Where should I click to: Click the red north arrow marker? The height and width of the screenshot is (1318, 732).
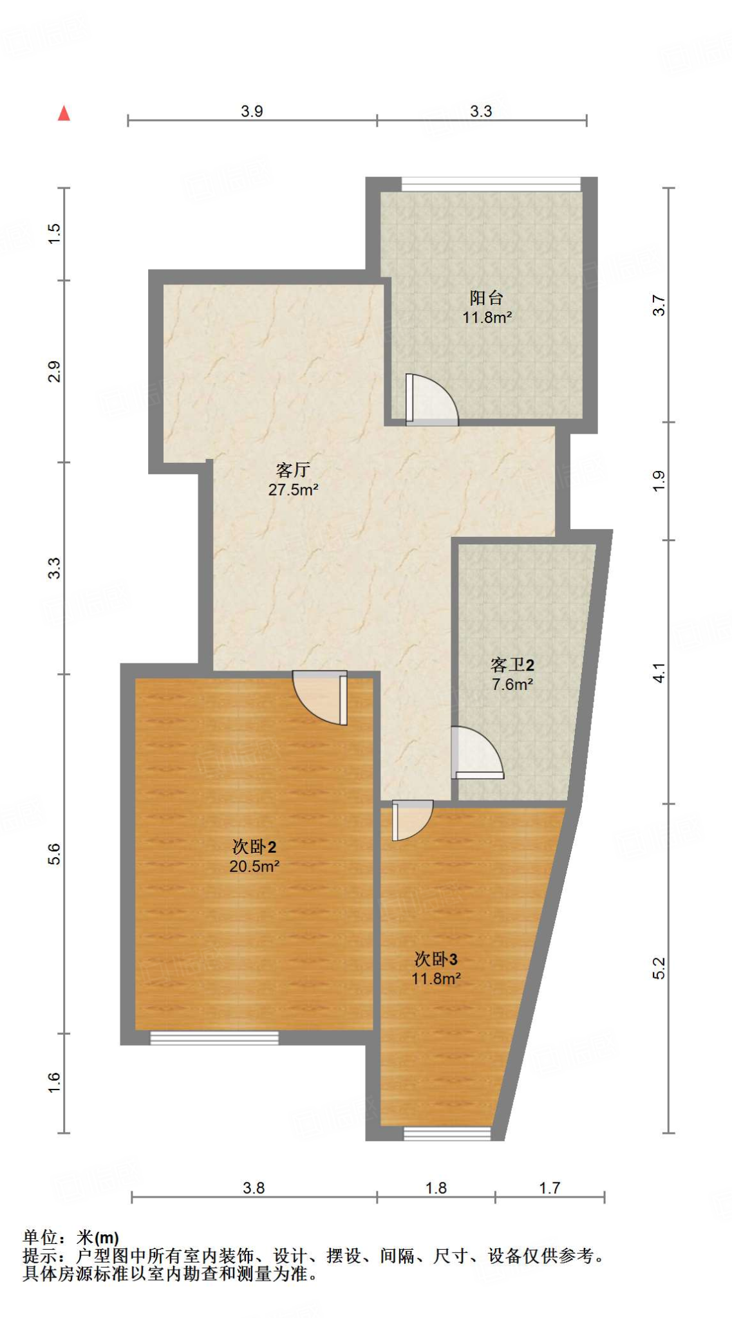64,113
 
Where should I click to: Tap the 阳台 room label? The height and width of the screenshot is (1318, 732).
486,297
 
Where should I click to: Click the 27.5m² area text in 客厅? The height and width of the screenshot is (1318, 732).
294,490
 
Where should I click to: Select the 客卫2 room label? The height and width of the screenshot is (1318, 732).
512,664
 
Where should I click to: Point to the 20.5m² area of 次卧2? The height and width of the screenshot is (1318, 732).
254,866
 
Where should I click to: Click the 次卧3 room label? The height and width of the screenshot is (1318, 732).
436,959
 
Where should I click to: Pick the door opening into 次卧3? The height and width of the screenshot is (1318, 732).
410,819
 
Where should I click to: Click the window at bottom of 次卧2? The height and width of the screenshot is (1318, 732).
214,1037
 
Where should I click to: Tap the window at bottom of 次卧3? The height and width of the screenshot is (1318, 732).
447,1133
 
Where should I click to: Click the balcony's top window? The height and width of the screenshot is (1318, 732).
491,184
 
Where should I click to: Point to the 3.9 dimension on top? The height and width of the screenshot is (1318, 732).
252,111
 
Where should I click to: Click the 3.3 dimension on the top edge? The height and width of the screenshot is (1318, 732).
480,111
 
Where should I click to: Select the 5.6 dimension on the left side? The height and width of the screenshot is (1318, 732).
54,853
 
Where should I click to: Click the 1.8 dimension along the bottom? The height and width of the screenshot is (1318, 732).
436,1187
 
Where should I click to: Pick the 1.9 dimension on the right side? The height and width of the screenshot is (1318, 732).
659,481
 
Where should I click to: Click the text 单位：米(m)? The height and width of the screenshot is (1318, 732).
71,1237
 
